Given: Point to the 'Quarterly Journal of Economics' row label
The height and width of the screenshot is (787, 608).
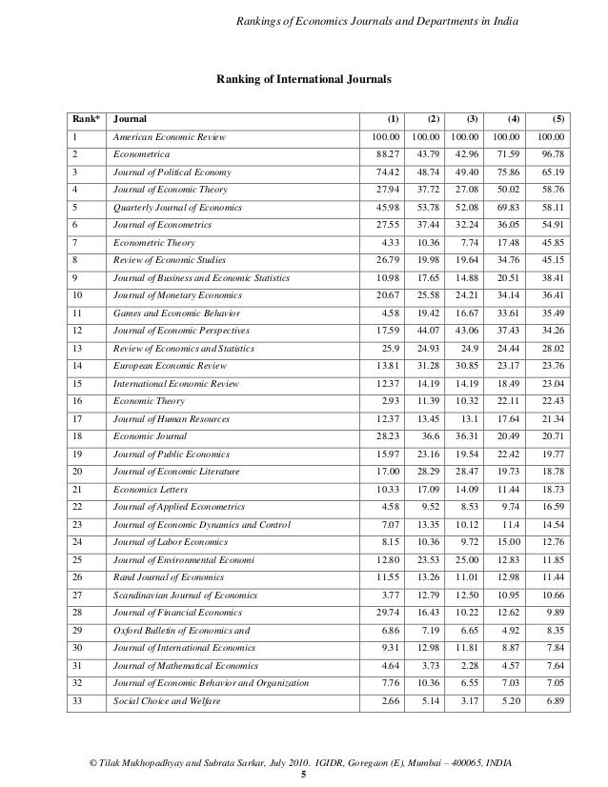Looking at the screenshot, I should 174,207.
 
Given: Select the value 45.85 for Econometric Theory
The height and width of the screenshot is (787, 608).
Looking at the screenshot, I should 551,242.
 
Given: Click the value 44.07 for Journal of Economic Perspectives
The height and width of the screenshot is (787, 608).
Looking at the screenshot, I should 427,329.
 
